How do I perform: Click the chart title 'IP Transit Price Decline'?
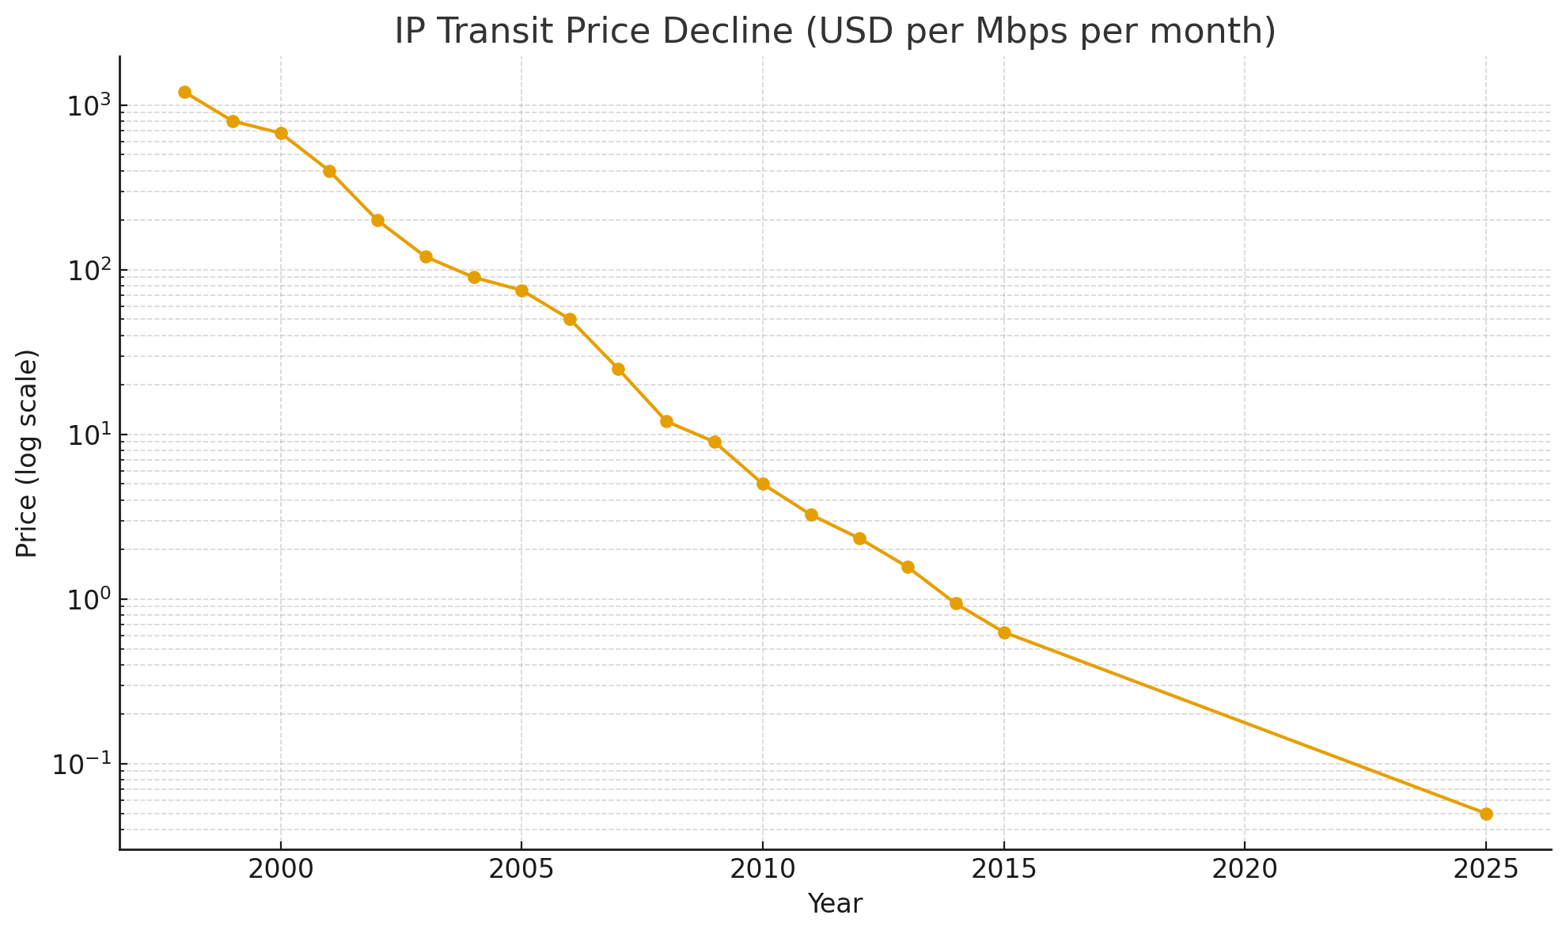[835, 32]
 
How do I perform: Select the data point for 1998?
[184, 92]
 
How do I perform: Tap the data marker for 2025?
[1486, 814]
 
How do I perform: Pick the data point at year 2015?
[1004, 632]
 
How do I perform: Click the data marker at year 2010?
[763, 484]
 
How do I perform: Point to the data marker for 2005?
[521, 290]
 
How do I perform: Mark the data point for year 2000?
[281, 133]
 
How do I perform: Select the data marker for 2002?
[377, 220]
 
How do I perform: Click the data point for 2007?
[618, 369]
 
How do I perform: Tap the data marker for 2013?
[908, 567]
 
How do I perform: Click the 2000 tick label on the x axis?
[281, 869]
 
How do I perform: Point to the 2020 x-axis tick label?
[1245, 869]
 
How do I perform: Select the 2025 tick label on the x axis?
[1486, 869]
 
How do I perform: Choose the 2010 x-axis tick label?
[763, 869]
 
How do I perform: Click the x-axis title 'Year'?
[835, 904]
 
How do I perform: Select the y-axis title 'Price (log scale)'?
[28, 453]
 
